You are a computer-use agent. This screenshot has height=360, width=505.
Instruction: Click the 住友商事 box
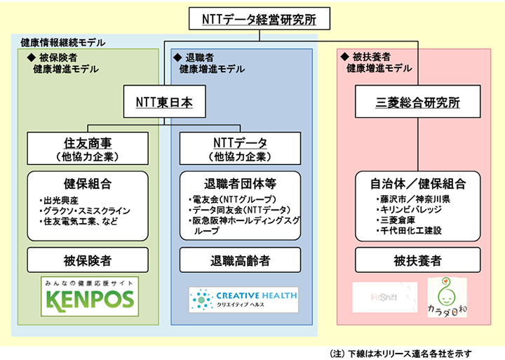(88, 147)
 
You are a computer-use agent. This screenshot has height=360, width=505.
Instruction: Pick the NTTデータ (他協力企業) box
(241, 147)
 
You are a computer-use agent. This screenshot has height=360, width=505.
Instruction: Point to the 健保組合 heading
(88, 185)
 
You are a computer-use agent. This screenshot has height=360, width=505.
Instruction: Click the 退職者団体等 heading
(241, 185)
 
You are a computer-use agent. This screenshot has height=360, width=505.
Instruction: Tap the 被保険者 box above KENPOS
(88, 260)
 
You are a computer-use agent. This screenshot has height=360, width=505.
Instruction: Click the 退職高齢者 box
(241, 260)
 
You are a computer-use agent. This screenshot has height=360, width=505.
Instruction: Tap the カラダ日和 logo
(447, 298)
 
